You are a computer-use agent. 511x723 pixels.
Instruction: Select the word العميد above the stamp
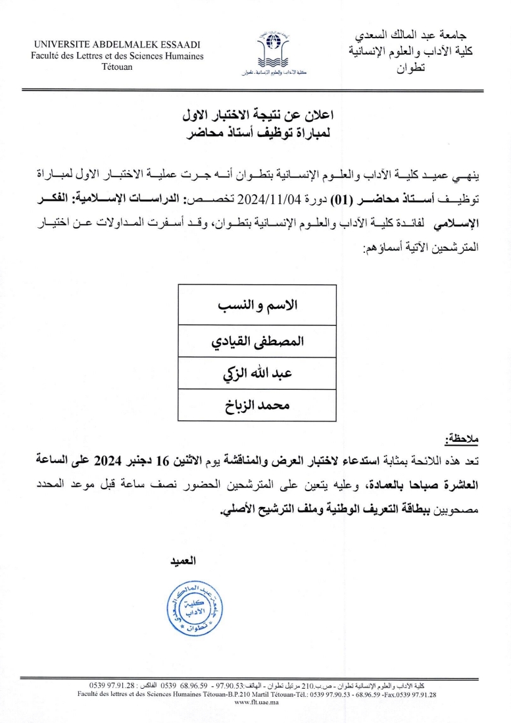click(184, 560)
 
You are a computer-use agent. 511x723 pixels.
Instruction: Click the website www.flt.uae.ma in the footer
click(256, 702)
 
